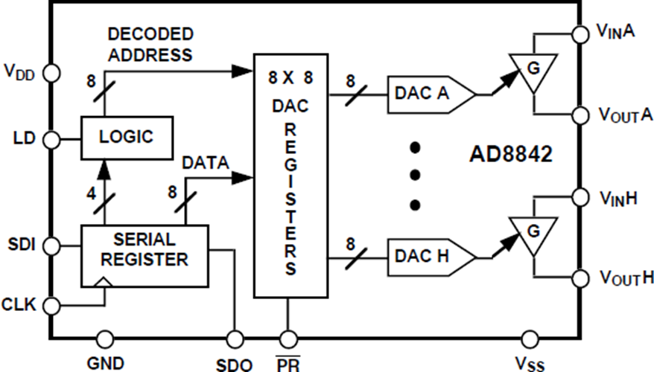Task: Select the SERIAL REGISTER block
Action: click(145, 250)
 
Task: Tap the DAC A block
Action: click(429, 95)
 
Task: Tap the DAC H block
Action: click(429, 257)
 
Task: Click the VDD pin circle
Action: click(51, 72)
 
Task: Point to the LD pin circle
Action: click(51, 138)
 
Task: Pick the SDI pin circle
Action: click(51, 244)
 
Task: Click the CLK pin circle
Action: click(51, 304)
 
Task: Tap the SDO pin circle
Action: click(235, 339)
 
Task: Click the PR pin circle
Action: click(288, 339)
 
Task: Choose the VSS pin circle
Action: click(530, 339)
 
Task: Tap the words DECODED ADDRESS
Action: click(150, 45)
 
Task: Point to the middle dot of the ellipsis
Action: click(416, 176)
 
